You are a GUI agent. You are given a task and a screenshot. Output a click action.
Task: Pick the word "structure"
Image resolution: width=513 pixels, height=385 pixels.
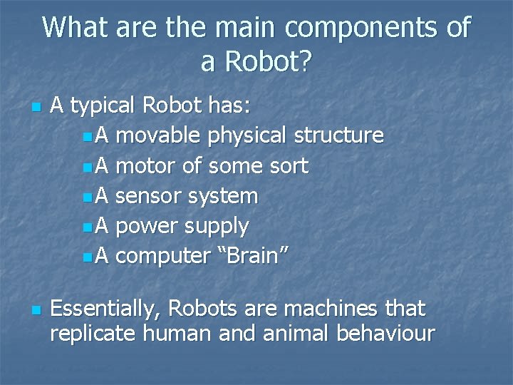tap(339, 135)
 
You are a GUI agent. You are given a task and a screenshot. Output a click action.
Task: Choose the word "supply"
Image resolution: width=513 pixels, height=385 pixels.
tap(217, 227)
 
